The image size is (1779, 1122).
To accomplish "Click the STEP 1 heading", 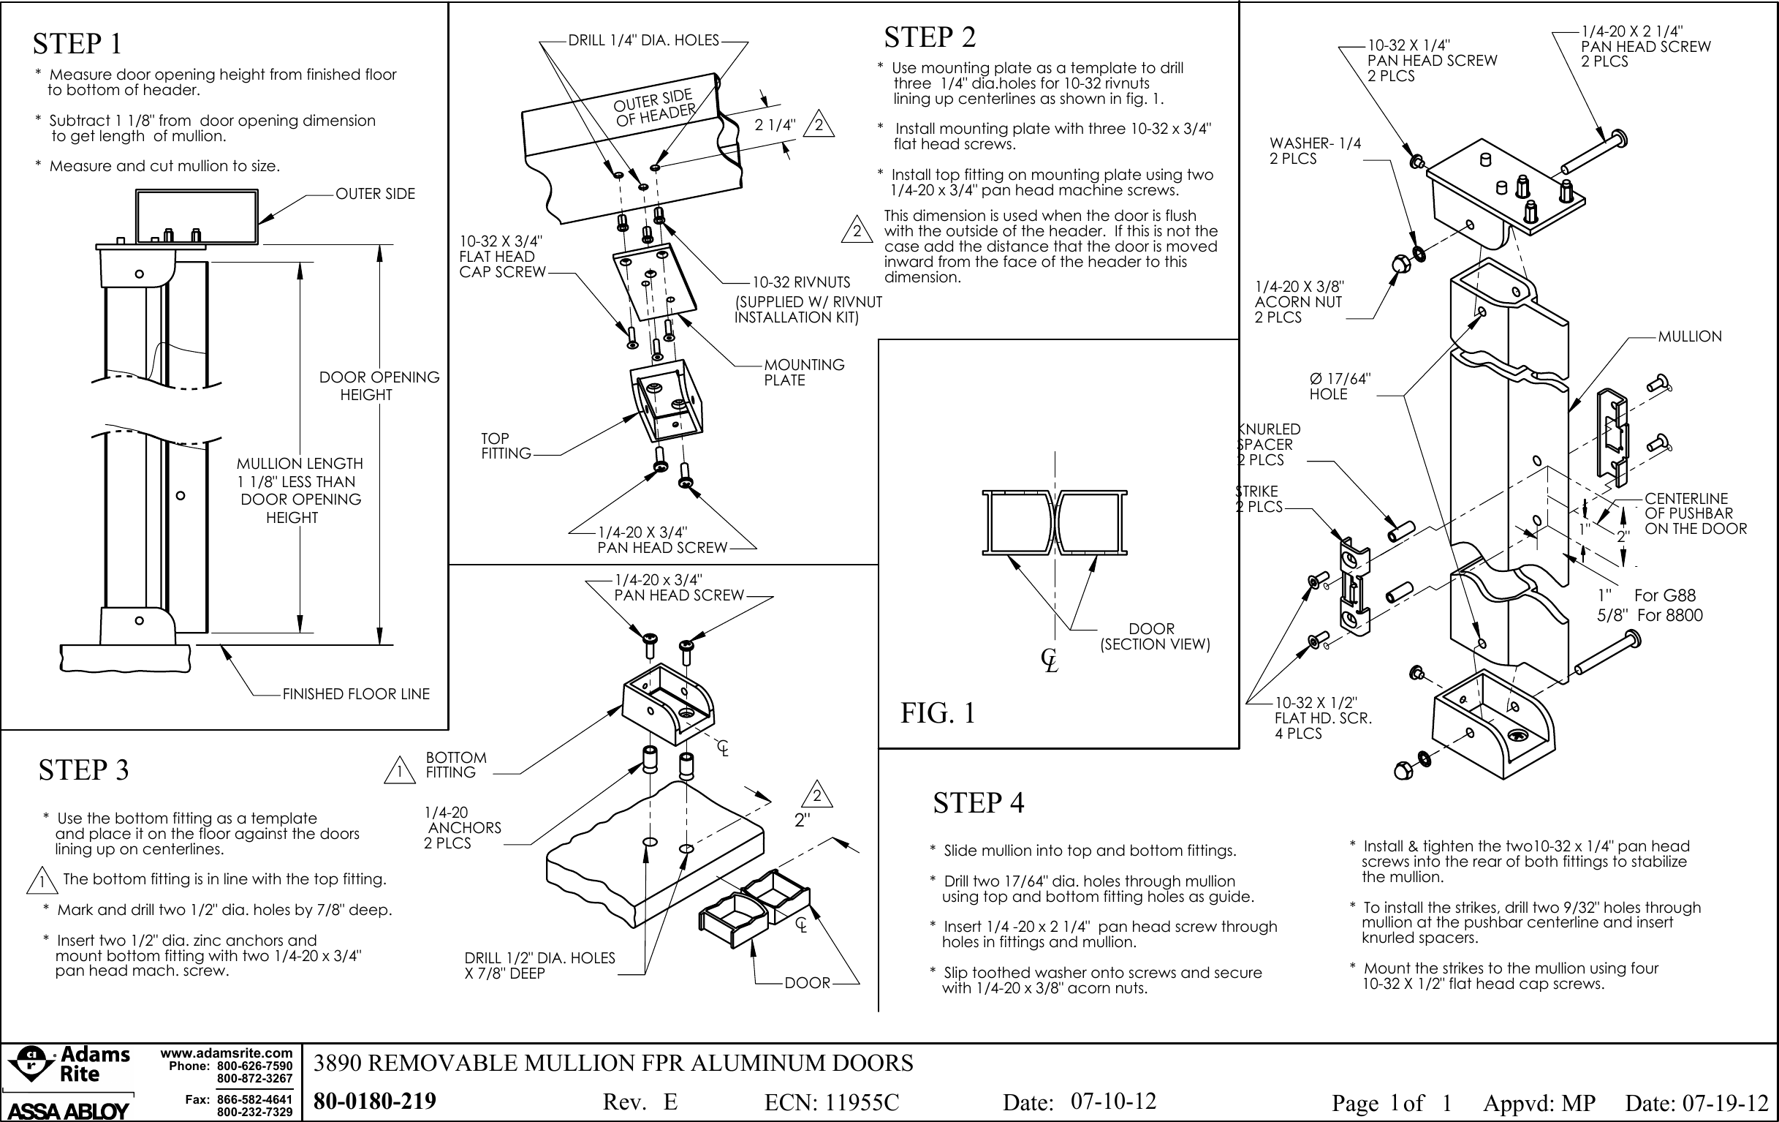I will tap(77, 44).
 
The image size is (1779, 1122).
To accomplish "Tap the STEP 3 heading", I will tap(83, 770).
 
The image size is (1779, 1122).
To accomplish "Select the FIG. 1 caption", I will tap(938, 713).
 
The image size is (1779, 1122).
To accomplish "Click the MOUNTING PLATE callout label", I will tap(804, 372).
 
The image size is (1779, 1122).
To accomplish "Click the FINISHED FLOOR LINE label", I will tap(355, 694).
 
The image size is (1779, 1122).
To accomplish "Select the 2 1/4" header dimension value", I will tap(775, 125).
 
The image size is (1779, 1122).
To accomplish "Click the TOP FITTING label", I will tap(506, 445).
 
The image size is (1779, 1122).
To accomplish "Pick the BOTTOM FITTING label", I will tap(456, 765).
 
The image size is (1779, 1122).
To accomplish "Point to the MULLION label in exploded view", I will tap(1690, 337).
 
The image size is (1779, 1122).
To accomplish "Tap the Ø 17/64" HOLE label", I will tap(1340, 387).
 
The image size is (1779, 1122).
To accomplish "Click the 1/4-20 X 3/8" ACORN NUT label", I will tap(1299, 301).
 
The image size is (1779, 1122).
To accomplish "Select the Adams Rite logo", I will tap(69, 1065).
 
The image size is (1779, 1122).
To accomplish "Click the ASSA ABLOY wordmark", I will tap(68, 1110).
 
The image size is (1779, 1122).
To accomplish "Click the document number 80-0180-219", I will tap(374, 1102).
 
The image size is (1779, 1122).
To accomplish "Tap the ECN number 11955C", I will tap(832, 1103).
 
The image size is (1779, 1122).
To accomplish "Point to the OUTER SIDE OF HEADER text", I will tap(655, 108).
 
